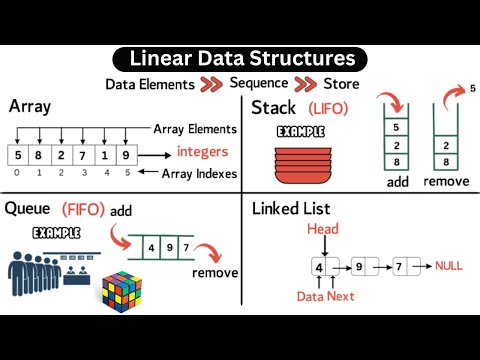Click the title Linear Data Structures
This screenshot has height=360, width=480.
click(x=239, y=59)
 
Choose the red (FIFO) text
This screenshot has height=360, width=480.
click(x=85, y=211)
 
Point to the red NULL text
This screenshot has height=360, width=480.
click(x=451, y=267)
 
